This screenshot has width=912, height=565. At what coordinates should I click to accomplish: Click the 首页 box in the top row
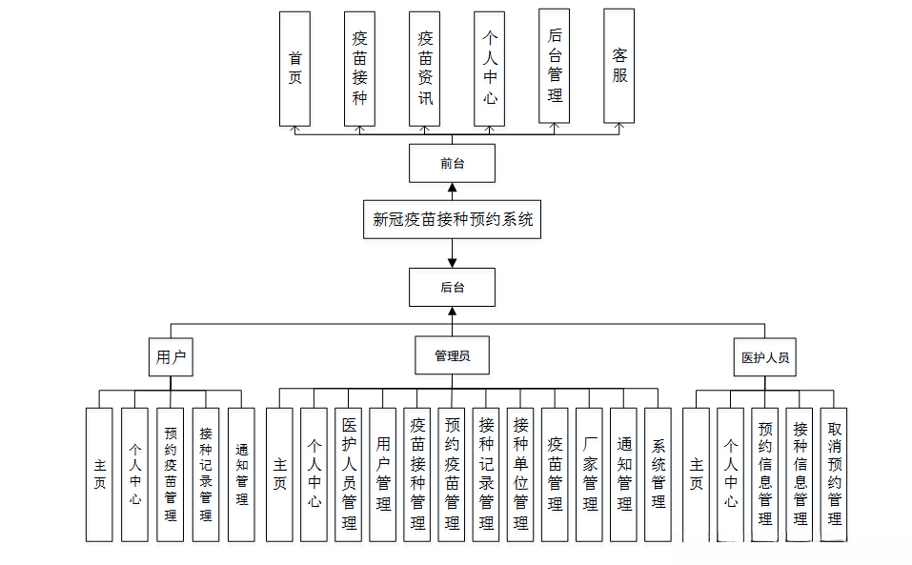294,69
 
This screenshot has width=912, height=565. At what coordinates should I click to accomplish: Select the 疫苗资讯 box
424,69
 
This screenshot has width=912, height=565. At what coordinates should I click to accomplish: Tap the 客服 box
619,66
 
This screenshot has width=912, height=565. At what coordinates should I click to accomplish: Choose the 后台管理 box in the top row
555,66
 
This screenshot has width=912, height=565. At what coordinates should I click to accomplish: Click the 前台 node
452,163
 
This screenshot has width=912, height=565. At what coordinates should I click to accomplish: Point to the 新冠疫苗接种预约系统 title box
452,219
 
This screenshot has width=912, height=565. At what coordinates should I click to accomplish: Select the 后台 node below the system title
452,287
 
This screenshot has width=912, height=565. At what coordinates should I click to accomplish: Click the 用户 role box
171,357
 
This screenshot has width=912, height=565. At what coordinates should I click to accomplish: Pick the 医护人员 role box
765,357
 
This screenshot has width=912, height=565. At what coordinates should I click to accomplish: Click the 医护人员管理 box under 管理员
348,474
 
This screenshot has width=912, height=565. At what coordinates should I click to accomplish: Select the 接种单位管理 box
520,474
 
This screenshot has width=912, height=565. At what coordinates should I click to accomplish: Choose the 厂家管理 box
589,474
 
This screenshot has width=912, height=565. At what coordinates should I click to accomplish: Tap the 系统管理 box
659,474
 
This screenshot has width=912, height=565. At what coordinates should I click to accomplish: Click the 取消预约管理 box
835,474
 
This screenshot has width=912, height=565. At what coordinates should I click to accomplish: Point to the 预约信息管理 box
765,474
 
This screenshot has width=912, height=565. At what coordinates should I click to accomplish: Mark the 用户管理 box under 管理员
382,474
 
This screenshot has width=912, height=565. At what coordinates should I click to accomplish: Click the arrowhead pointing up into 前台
452,188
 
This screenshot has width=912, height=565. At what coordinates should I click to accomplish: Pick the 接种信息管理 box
801,474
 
